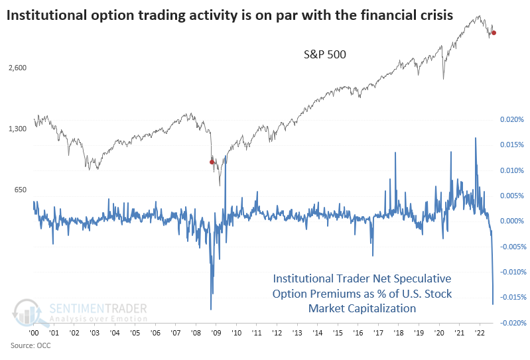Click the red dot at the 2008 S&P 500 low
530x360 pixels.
pyautogui.click(x=212, y=162)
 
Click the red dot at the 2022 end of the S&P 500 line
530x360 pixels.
pyautogui.click(x=494, y=32)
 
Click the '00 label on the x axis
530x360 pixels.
pyautogui.click(x=33, y=334)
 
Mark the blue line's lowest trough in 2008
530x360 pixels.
pyautogui.click(x=211, y=309)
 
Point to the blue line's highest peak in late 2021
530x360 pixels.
pyautogui.click(x=475, y=138)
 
